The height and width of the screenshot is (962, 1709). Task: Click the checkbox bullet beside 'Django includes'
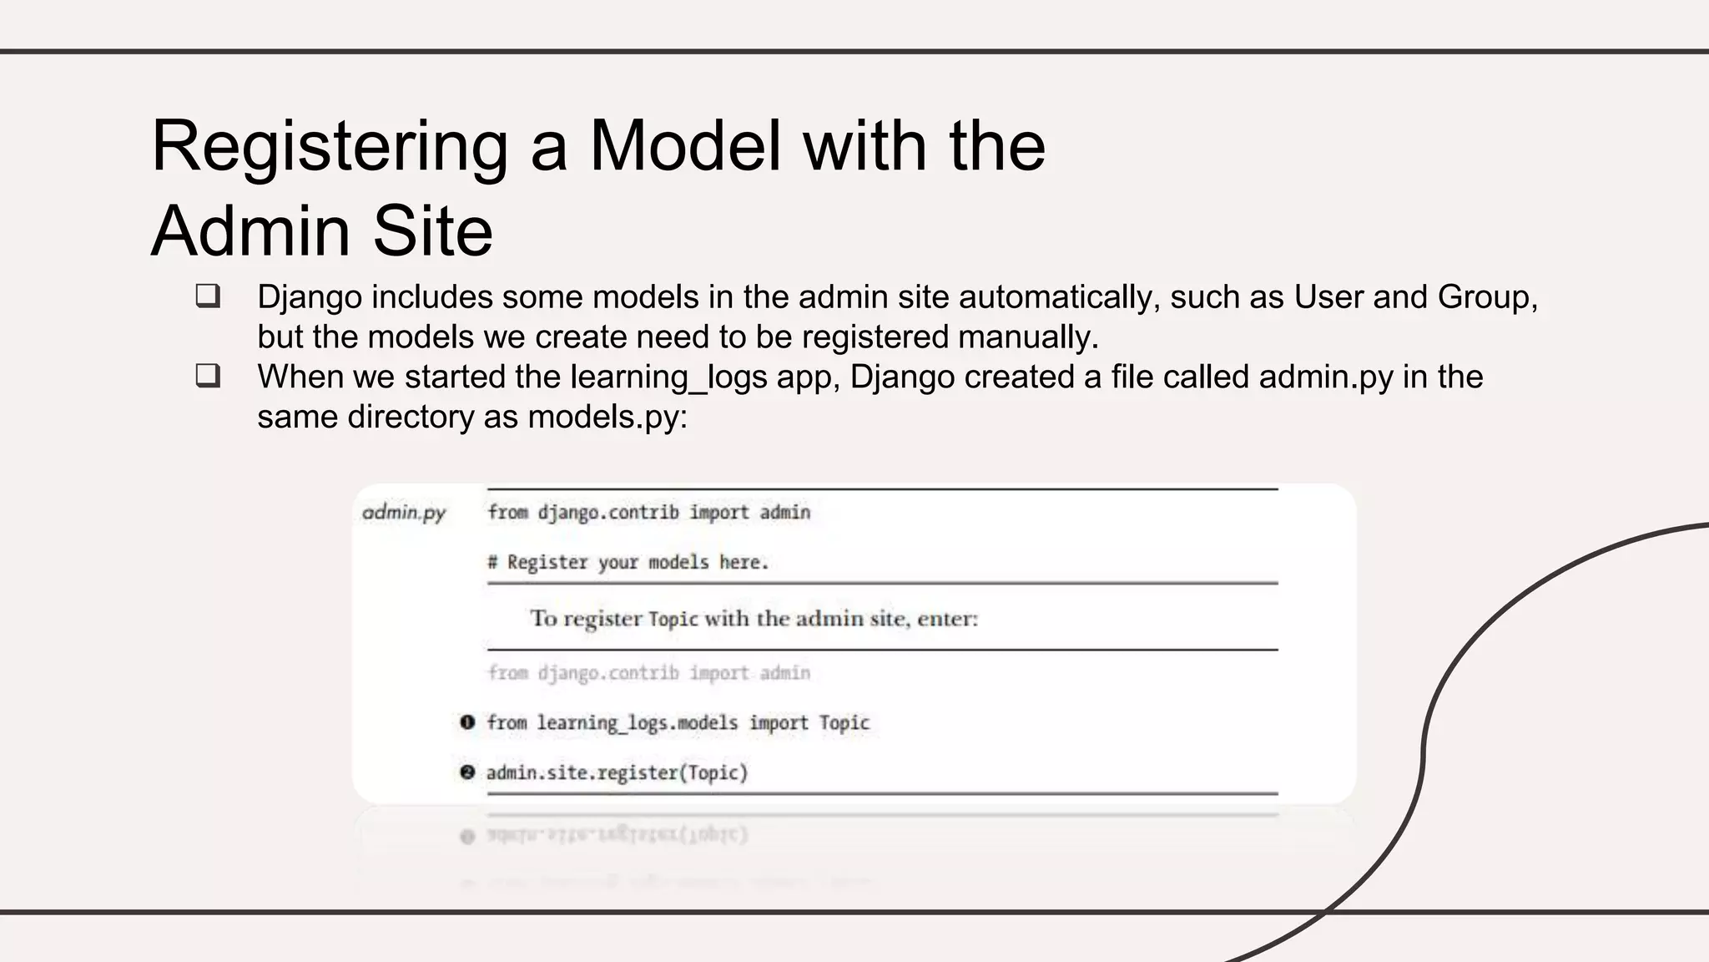click(208, 296)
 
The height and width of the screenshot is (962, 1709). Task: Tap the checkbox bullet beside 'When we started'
click(208, 376)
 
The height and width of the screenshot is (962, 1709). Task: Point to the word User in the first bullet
click(1328, 297)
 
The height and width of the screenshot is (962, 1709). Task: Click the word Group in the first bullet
click(1482, 297)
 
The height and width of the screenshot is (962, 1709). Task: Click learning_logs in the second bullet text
click(668, 377)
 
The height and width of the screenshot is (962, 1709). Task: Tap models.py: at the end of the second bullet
click(607, 417)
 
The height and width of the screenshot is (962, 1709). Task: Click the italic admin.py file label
click(404, 512)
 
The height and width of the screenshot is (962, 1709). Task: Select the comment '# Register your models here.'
click(628, 563)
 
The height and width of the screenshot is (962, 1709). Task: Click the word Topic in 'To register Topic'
click(673, 620)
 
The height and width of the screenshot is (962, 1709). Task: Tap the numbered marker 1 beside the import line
click(467, 722)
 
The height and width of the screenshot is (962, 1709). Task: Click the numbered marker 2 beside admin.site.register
click(467, 772)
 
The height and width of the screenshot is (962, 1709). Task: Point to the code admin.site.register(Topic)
click(617, 773)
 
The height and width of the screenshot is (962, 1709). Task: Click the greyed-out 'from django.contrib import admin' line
click(648, 673)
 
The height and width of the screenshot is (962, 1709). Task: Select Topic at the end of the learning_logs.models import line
click(844, 723)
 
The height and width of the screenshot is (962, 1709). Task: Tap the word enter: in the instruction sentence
click(947, 620)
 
